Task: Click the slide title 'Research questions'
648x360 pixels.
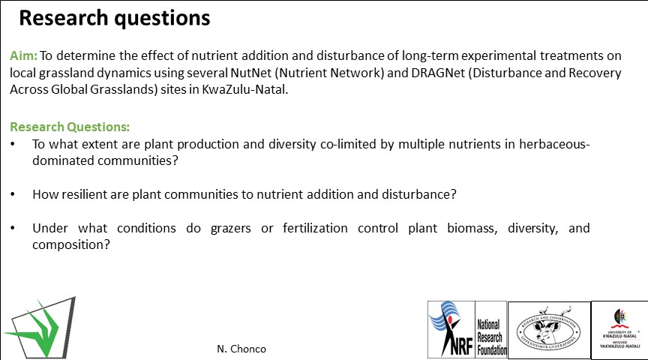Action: (114, 18)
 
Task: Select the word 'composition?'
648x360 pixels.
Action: (71, 244)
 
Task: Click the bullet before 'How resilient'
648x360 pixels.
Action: (14, 194)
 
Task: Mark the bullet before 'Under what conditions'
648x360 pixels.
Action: (14, 228)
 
